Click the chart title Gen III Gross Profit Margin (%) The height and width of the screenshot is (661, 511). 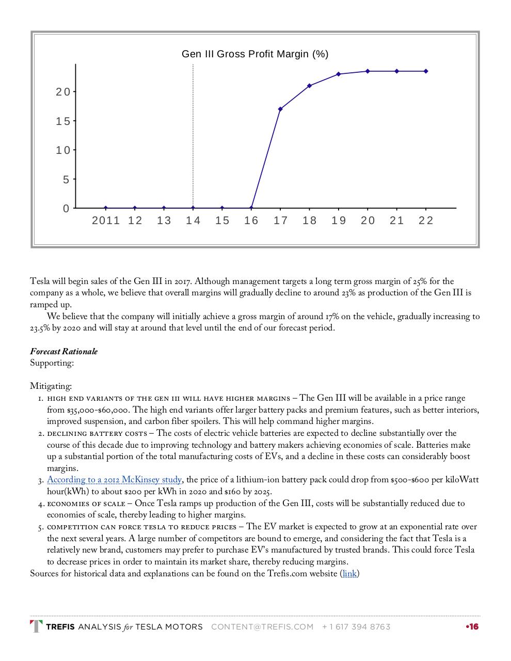255,54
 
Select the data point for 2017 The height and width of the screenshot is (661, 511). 280,109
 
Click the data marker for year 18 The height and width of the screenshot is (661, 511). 309,86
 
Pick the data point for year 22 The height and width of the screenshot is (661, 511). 426,71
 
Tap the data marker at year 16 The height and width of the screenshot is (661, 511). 251,208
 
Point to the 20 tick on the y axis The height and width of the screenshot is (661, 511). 63,92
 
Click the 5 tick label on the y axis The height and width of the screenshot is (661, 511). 66,180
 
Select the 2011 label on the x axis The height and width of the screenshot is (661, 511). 106,221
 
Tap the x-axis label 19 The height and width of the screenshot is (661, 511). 339,221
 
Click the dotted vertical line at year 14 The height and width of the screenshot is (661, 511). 193,134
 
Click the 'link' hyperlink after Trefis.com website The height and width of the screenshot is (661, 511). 349,574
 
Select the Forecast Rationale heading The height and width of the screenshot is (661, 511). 63,352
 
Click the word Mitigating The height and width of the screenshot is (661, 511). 51,386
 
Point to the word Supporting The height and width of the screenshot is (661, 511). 52,363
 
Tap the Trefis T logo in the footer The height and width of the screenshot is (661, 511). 36,627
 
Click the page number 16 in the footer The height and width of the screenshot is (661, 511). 473,627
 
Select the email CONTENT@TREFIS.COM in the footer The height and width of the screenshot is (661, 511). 262,627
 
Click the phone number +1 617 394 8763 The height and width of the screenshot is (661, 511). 356,627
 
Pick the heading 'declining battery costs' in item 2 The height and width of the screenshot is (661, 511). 97,433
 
